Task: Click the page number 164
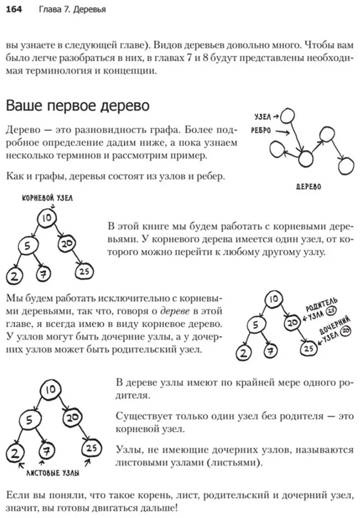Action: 14,9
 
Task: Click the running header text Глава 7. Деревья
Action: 72,9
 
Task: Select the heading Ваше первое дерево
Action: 78,106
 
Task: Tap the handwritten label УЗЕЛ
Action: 263,117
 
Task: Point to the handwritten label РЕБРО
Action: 261,131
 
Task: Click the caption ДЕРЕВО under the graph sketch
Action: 308,187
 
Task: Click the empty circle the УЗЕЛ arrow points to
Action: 287,116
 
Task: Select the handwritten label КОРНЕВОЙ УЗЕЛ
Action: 47,198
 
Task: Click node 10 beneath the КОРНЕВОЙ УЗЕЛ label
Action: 47,218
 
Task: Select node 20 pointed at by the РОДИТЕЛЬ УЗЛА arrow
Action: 292,322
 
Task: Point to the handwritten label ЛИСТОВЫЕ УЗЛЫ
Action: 53,473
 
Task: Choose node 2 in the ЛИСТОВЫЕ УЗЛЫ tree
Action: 15,453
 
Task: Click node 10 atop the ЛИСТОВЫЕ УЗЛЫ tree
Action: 50,390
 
